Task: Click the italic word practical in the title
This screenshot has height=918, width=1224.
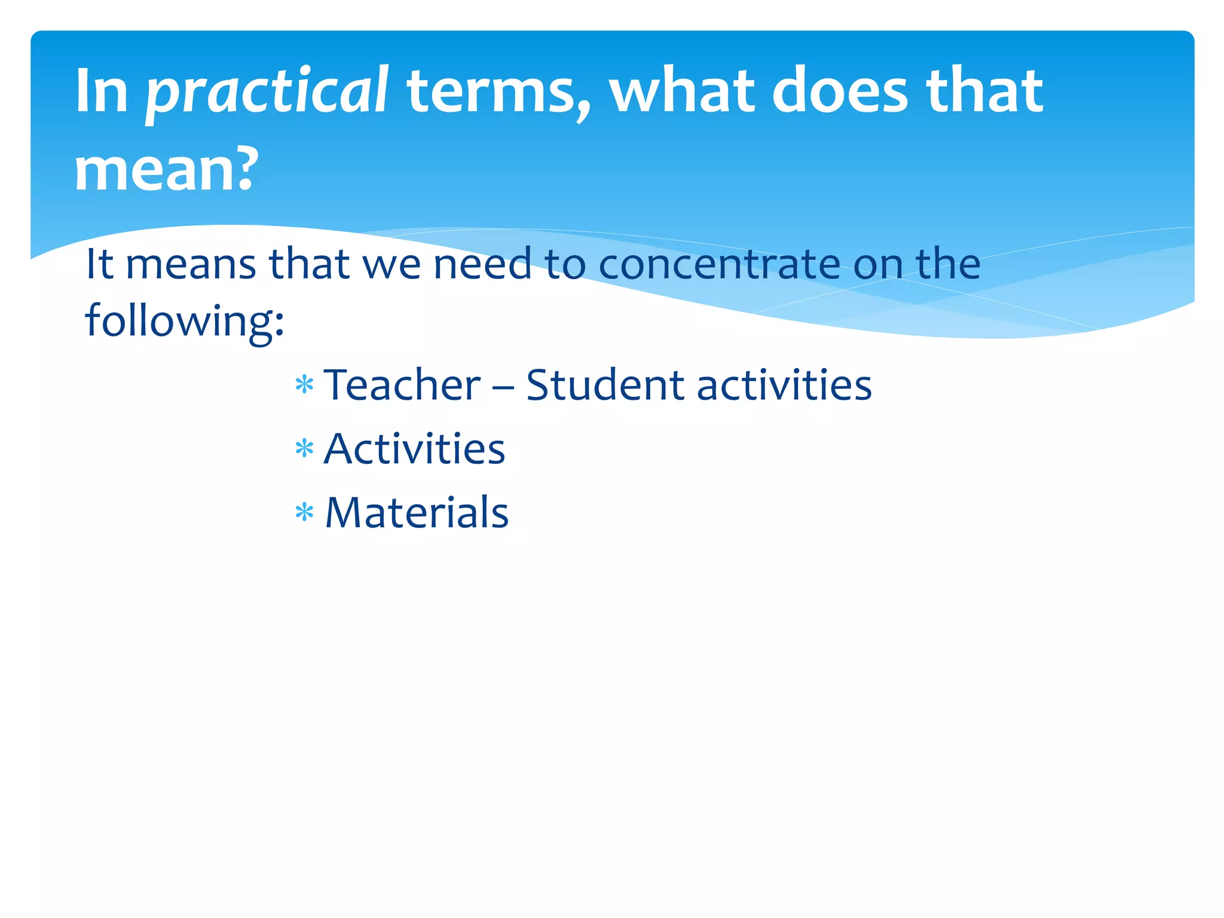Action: coord(267,93)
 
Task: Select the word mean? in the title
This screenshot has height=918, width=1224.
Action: coord(167,170)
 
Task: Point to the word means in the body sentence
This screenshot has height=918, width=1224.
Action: coord(191,264)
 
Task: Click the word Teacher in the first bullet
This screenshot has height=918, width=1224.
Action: coord(402,385)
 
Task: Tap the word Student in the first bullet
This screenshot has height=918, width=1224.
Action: coord(604,385)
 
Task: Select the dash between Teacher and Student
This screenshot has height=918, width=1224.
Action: coord(503,387)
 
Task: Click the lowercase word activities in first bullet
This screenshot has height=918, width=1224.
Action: coord(784,385)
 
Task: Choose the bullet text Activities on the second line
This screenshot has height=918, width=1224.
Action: coord(414,449)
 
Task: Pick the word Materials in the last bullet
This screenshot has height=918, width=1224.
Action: coord(417,513)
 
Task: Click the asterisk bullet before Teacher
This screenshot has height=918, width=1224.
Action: coord(304,384)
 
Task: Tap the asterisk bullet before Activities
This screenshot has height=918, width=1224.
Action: coord(304,448)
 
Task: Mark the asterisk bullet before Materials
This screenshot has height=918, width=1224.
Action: coord(304,512)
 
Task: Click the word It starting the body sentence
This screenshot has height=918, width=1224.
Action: coord(100,264)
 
